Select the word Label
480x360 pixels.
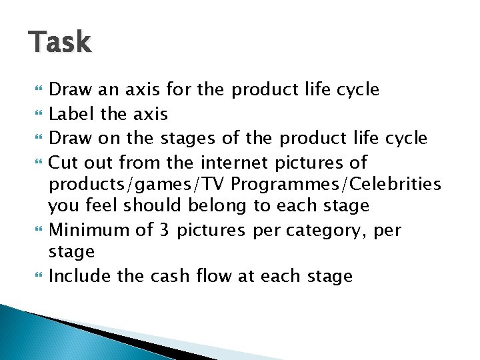click(x=73, y=114)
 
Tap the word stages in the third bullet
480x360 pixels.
click(x=189, y=139)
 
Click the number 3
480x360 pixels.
click(x=165, y=229)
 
